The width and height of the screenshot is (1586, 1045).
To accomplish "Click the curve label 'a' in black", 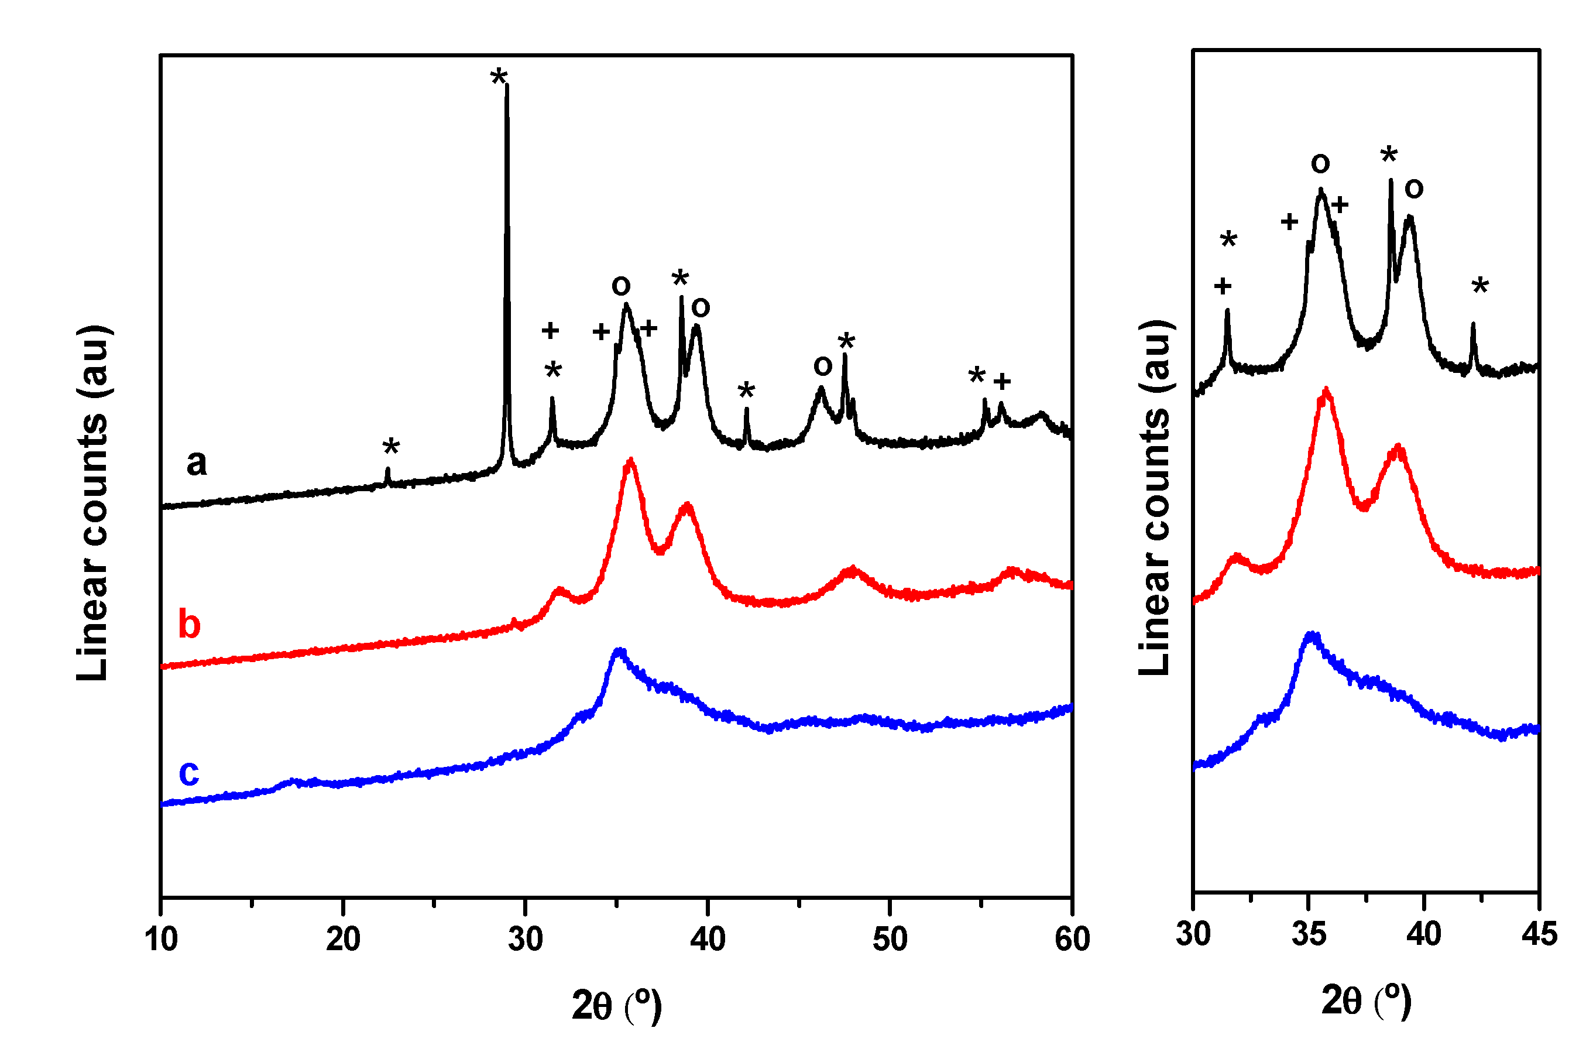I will [x=196, y=462].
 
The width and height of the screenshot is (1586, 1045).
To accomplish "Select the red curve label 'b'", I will [x=189, y=625].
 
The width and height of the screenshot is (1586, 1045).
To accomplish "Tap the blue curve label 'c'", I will [x=189, y=772].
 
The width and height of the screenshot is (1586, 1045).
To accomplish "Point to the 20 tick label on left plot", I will [x=342, y=940].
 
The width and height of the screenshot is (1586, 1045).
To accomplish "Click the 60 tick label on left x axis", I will [x=1072, y=940].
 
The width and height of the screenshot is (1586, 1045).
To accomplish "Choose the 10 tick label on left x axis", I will [x=162, y=940].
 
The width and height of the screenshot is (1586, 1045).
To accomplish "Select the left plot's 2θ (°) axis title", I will [x=617, y=1005].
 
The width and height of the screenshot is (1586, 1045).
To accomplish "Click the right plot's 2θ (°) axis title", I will [x=1367, y=1000].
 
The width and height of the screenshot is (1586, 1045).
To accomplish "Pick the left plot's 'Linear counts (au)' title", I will [x=93, y=503].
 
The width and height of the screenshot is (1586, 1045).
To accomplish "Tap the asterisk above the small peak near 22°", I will [x=391, y=447].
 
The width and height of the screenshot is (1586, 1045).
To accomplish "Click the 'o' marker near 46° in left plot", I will [x=823, y=365].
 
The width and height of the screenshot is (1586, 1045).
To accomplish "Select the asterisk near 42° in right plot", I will [x=1480, y=287].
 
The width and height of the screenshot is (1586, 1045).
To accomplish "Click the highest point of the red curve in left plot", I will [x=630, y=460].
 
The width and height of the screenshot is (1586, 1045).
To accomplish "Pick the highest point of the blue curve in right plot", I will [x=1312, y=635].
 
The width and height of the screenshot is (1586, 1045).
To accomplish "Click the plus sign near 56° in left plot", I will [x=1001, y=381].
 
